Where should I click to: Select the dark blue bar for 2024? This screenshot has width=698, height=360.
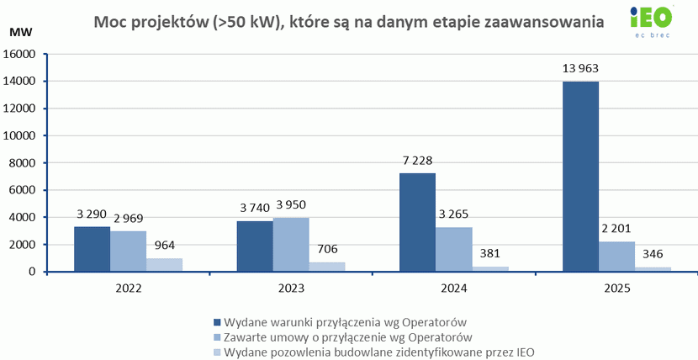pyautogui.click(x=417, y=222)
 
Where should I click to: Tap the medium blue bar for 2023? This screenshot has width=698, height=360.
pyautogui.click(x=291, y=245)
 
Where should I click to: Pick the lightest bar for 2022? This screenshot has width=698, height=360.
pyautogui.click(x=165, y=265)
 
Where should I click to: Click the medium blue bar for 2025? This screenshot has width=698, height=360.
pyautogui.click(x=616, y=257)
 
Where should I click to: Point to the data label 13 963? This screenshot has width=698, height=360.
pyautogui.click(x=580, y=68)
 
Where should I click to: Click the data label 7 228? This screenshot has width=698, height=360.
pyautogui.click(x=417, y=160)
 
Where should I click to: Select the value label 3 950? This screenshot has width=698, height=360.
pyautogui.click(x=291, y=205)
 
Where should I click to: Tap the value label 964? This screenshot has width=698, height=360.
pyautogui.click(x=165, y=246)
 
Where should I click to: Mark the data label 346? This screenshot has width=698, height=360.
pyautogui.click(x=653, y=253)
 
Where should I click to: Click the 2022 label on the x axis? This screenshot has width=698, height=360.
pyautogui.click(x=129, y=288)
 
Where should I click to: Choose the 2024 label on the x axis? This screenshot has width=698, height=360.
pyautogui.click(x=453, y=288)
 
